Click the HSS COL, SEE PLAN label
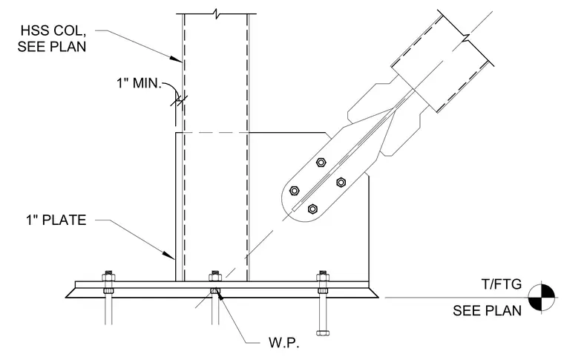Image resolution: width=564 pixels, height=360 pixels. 52,39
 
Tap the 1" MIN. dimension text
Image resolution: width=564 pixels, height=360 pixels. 139,83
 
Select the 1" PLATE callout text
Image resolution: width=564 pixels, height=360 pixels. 56,220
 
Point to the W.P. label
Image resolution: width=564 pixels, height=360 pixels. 284,342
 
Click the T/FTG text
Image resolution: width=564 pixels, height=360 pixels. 502,284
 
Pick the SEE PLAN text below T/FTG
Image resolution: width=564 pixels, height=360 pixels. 487,310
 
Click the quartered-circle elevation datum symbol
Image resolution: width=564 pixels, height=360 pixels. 542,297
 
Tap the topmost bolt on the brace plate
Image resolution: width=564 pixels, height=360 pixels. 321,163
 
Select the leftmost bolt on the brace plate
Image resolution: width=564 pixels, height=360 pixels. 294,191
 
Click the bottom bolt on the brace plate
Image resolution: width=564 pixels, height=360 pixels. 312,209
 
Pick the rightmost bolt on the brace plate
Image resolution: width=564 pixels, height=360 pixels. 341,183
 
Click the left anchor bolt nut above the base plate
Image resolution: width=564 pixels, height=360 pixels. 108,277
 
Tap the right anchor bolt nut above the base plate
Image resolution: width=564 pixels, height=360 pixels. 323,277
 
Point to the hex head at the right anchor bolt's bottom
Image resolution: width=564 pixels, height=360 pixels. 323,333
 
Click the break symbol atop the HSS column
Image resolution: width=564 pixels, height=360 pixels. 216,14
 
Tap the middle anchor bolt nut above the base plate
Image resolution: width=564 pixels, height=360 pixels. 215,277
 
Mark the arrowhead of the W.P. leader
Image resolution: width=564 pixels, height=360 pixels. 219,295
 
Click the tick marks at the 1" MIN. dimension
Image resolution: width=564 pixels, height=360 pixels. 179,101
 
